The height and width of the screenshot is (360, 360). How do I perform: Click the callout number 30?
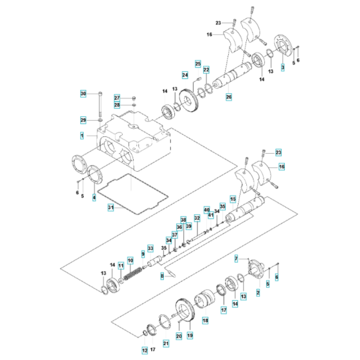point(83,94)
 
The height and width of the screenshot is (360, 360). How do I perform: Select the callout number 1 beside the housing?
point(82,136)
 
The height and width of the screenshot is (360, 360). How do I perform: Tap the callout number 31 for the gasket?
point(111,208)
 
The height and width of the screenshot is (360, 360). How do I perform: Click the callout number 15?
point(233,199)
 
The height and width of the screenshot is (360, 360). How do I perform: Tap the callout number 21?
point(165,345)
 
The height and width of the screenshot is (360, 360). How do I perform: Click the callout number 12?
point(145,350)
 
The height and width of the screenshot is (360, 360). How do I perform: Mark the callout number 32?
point(197,218)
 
